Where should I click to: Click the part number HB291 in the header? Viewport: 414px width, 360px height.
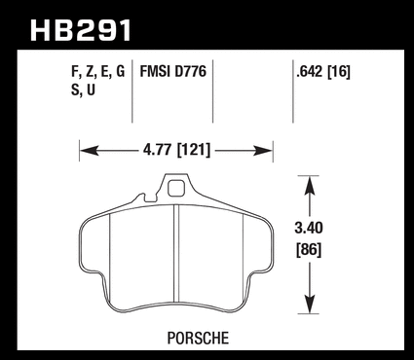tap(81, 30)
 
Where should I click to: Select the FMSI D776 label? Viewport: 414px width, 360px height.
tap(173, 71)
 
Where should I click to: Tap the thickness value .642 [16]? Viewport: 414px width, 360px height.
tap(323, 72)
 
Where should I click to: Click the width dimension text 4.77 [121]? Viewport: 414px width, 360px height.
tap(176, 150)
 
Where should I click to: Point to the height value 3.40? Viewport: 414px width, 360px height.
tap(309, 228)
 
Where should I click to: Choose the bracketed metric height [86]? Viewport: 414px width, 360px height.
tap(309, 250)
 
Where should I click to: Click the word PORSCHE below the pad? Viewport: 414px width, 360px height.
tap(198, 338)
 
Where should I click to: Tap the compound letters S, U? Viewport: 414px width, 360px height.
tap(83, 90)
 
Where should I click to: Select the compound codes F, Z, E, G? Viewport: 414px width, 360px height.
tap(97, 72)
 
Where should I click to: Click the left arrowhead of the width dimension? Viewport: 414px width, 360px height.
tap(89, 151)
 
